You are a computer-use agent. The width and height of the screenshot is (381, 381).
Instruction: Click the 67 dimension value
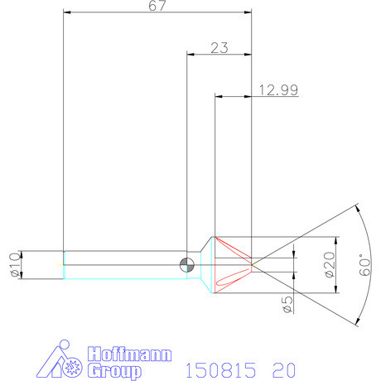157,6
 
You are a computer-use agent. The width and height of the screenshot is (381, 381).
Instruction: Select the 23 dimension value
219,48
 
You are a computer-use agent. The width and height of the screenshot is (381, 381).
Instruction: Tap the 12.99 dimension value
278,90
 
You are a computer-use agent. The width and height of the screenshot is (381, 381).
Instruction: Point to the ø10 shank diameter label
15,264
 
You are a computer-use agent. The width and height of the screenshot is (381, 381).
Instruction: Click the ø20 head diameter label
330,264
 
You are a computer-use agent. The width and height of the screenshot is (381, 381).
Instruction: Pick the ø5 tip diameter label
287,305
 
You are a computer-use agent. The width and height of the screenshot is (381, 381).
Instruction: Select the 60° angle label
365,267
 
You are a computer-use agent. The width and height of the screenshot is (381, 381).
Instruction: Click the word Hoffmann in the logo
129,354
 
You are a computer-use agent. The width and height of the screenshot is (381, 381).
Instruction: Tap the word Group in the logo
113,371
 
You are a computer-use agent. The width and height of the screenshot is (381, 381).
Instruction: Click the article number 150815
221,370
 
